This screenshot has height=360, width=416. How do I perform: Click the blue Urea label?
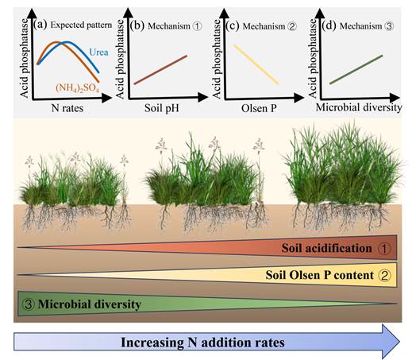coord(98,52)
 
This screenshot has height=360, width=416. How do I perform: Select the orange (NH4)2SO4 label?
coord(77,87)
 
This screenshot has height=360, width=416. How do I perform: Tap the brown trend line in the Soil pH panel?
coord(161,70)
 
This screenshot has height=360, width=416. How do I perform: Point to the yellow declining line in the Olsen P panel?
coord(256,64)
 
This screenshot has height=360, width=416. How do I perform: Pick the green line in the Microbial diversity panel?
coord(356,70)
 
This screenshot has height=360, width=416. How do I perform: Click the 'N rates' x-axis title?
coord(67,108)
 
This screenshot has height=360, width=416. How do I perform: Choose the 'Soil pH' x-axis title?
coord(162,108)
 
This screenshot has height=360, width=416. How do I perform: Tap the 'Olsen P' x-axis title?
coord(259,108)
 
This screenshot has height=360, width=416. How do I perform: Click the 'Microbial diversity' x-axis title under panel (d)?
coord(359,107)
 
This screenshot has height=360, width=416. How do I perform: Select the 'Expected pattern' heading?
coord(81,25)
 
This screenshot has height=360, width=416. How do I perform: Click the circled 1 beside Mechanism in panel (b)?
coord(197,26)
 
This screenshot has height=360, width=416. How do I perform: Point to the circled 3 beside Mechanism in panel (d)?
coord(389,26)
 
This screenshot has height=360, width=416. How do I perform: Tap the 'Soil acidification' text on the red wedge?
coord(326,248)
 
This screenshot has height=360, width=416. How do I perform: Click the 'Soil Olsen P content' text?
coord(319,275)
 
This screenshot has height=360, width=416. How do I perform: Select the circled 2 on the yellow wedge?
coord(385,275)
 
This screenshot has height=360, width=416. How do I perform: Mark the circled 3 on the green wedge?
coord(29,304)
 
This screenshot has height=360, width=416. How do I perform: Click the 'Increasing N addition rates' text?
coord(202,343)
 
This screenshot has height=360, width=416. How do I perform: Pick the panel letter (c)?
coord(233,25)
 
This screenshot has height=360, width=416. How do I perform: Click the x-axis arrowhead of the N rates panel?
coord(107,98)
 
